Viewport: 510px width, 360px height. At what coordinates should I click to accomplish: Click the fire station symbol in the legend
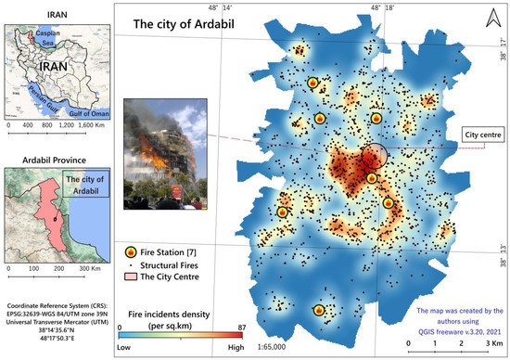tap(131, 252)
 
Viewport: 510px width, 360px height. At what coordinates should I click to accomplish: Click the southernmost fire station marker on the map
tap(319, 311)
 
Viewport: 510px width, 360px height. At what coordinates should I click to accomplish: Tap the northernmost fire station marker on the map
tap(312, 83)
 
